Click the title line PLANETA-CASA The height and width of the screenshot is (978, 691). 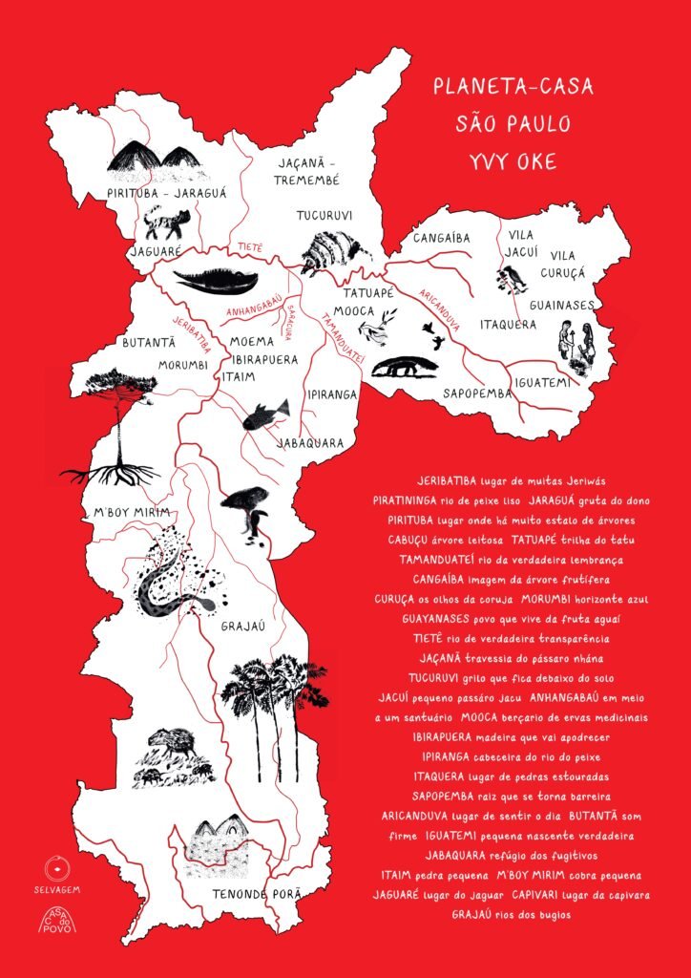pos(513,87)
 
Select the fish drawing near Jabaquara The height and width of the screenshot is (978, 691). pos(266,415)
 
